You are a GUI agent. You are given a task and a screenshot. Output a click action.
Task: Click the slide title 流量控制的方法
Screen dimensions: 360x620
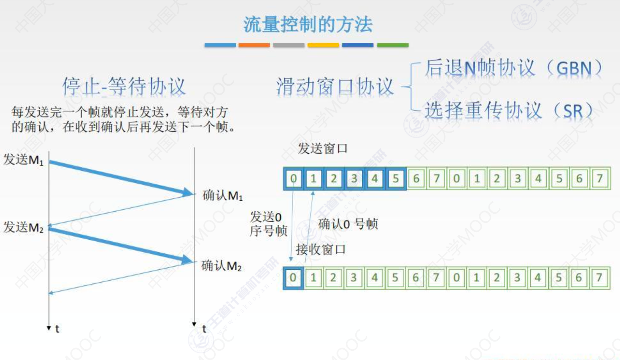[x=308, y=24]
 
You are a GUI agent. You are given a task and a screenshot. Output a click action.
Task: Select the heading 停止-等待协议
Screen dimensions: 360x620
[x=124, y=86]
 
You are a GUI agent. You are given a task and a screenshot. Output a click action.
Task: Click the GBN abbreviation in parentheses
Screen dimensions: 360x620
[x=574, y=69]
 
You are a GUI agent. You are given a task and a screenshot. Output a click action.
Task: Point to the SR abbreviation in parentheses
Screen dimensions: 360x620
[x=573, y=111]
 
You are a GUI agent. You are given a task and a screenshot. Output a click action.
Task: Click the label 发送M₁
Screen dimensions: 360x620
[x=23, y=160]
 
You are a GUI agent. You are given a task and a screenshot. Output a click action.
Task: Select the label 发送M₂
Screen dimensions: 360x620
[x=23, y=227]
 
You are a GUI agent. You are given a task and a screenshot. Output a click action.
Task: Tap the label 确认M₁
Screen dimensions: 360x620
[x=223, y=195]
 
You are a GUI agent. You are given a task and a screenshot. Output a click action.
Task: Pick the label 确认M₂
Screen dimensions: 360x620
[x=221, y=265]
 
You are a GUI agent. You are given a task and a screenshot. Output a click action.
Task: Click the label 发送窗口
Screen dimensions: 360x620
[x=322, y=149]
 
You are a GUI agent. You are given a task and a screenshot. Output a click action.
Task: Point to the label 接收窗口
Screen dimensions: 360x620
[x=320, y=250]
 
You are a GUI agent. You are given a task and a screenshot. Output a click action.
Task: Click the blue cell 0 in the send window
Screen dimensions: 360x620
[x=294, y=178]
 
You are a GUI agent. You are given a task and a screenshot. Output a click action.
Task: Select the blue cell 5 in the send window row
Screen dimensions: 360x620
[x=395, y=178]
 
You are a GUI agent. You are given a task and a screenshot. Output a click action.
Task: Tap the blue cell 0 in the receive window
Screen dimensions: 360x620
[x=293, y=277]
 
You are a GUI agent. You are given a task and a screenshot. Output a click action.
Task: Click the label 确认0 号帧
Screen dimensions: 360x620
[x=348, y=224]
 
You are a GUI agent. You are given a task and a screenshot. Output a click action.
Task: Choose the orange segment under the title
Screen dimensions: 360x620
[x=254, y=45]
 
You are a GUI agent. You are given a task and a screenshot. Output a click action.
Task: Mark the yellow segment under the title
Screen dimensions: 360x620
[x=323, y=45]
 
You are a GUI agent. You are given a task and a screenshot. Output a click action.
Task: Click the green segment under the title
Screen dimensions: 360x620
[x=393, y=45]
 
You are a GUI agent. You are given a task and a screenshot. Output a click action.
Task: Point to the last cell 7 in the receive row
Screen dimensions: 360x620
[x=599, y=277]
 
